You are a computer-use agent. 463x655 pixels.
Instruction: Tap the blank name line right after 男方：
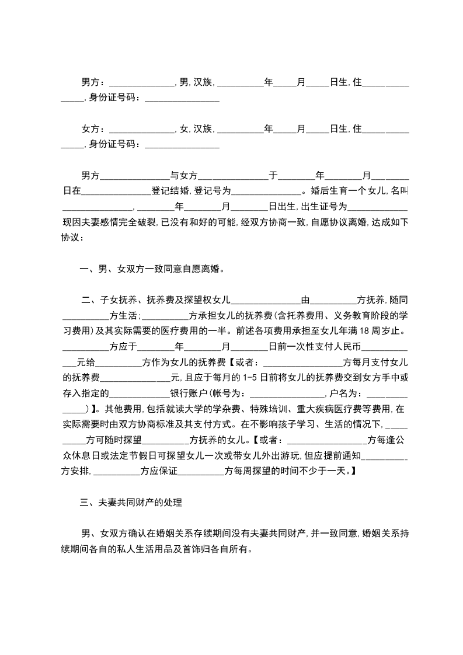(141, 83)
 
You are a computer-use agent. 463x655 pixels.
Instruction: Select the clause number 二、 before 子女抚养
(88, 301)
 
